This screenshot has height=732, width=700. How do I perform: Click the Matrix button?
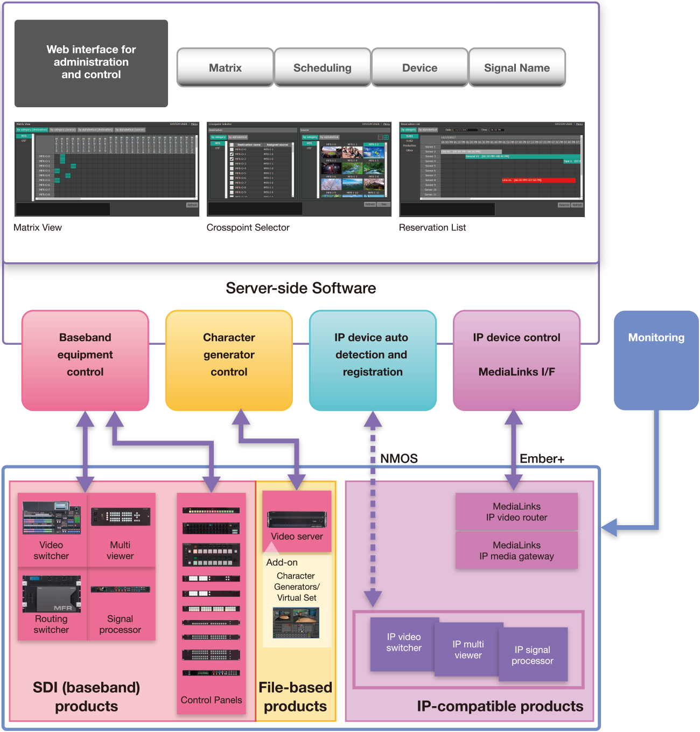pos(225,67)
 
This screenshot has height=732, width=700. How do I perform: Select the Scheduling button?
pos(322,67)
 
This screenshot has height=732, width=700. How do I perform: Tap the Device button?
pos(419,67)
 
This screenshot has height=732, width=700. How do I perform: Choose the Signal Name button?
pos(517,67)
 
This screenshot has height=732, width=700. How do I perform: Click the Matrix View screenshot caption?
pos(38,227)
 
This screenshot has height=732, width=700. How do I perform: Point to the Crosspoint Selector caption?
pos(248,227)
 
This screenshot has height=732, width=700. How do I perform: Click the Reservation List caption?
pos(432,227)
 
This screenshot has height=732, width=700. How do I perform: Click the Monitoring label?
pos(656,338)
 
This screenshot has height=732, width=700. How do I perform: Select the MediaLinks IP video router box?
pos(516,512)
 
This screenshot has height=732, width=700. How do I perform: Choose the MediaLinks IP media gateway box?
pos(516,550)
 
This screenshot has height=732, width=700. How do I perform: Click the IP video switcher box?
pos(403,643)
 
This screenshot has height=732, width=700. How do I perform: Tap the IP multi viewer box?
pos(468,650)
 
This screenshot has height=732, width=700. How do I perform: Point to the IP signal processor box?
pos(533,655)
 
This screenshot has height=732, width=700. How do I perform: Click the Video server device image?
pos(297,519)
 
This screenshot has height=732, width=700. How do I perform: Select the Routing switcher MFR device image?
pos(51,594)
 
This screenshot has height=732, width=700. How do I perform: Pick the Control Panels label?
pos(211,700)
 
